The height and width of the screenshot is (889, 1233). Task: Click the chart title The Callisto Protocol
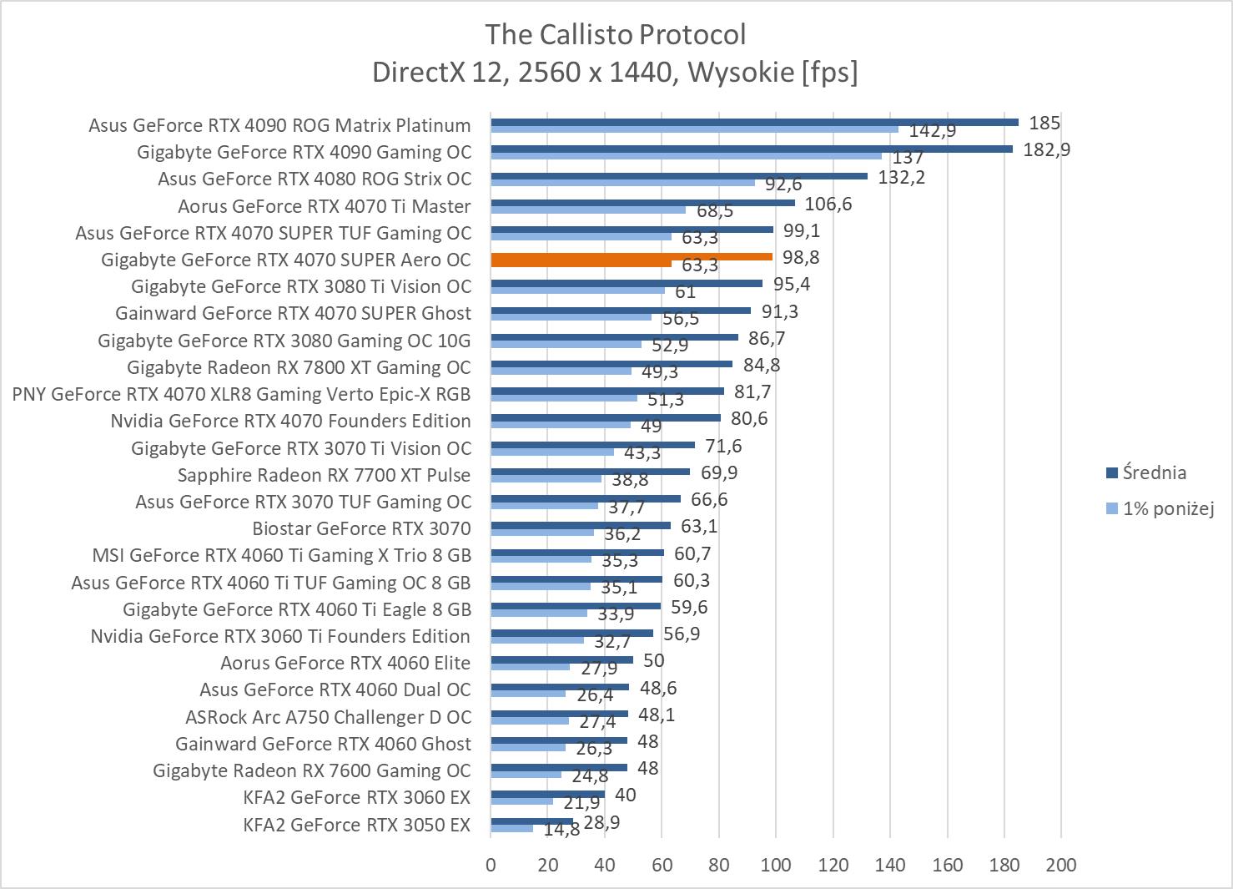click(x=615, y=34)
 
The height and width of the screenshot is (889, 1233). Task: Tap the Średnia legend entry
click(x=1154, y=472)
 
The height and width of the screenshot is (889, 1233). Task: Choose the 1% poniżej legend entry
click(x=1167, y=508)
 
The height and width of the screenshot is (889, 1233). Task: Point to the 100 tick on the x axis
click(x=776, y=865)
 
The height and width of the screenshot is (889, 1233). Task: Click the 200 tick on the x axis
click(x=1061, y=865)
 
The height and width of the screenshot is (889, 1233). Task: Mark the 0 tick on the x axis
click(x=491, y=865)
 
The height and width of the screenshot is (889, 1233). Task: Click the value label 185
click(x=1044, y=124)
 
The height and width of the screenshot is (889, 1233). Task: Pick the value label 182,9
click(x=1046, y=150)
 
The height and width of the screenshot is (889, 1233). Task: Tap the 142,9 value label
click(x=932, y=131)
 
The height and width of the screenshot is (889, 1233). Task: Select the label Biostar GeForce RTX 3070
click(x=361, y=528)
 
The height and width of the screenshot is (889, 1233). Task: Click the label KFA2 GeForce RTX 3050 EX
click(x=357, y=825)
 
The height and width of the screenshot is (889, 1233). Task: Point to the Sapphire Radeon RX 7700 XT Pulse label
click(x=324, y=475)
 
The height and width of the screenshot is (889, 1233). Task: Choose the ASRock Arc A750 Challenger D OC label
click(x=328, y=717)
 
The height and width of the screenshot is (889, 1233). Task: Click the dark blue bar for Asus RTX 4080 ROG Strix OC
click(x=679, y=176)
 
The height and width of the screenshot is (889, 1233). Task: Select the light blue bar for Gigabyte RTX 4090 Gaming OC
click(x=686, y=156)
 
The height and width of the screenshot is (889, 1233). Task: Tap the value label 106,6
click(x=828, y=205)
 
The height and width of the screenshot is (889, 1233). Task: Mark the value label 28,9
click(x=601, y=823)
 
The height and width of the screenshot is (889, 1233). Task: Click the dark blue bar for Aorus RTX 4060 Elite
click(x=561, y=659)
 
